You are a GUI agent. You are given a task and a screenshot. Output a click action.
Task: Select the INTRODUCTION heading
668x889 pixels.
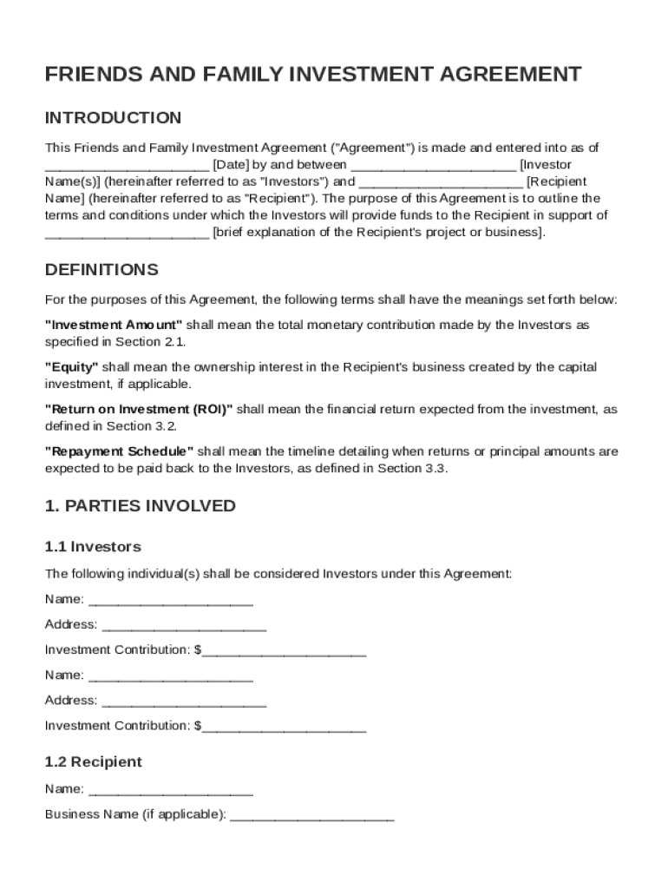coord(113,117)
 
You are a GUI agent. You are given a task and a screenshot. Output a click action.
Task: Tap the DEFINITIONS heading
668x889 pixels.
coord(102,269)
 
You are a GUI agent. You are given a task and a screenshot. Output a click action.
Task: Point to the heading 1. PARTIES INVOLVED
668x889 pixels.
coord(140,505)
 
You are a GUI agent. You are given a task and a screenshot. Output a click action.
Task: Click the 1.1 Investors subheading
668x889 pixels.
coord(93,546)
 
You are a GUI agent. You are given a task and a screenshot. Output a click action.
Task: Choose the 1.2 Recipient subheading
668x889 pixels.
coord(93,761)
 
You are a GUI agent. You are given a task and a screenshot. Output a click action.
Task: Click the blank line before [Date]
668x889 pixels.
coord(127,165)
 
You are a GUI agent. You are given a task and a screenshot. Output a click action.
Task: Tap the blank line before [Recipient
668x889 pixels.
coord(441,182)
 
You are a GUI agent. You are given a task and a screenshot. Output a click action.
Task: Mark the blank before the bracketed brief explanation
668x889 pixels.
coord(127,233)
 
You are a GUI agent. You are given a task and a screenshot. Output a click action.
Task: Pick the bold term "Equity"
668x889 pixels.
coord(71,367)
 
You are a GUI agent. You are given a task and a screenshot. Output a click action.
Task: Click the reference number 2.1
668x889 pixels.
coord(174,342)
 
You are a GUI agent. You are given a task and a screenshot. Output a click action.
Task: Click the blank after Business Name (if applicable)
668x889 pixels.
coord(312,815)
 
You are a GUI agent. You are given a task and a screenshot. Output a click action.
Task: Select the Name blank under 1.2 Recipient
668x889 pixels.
coord(171,790)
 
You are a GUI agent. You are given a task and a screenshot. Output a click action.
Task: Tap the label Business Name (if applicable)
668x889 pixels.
coord(134,814)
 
